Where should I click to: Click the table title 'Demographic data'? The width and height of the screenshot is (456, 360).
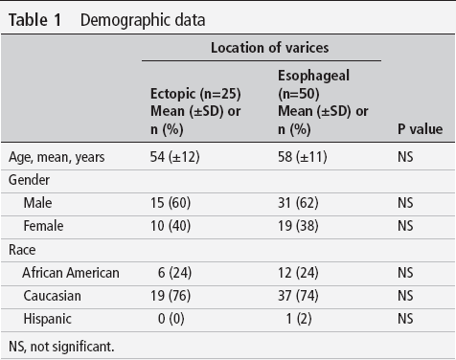pyautogui.click(x=143, y=20)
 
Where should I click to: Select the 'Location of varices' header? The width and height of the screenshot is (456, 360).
pyautogui.click(x=269, y=48)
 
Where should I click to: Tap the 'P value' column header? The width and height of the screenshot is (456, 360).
pyautogui.click(x=420, y=129)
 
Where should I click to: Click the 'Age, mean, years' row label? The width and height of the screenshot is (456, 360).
pyautogui.click(x=57, y=157)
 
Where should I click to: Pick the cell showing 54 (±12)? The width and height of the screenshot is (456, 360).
pyautogui.click(x=175, y=157)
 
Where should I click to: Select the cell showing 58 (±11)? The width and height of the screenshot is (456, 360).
pyautogui.click(x=303, y=157)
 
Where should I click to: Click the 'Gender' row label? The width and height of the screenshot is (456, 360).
pyautogui.click(x=29, y=180)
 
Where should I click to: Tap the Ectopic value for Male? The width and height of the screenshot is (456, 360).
pyautogui.click(x=171, y=203)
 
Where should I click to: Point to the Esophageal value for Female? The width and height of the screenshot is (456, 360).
pyautogui.click(x=298, y=226)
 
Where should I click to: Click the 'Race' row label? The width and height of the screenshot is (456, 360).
pyautogui.click(x=22, y=250)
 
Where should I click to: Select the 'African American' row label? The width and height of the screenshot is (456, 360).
pyautogui.click(x=71, y=273)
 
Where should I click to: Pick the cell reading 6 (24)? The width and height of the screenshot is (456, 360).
pyautogui.click(x=174, y=273)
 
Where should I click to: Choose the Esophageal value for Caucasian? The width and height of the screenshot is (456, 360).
pyautogui.click(x=298, y=296)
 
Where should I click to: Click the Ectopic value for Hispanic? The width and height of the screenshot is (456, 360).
pyautogui.click(x=171, y=319)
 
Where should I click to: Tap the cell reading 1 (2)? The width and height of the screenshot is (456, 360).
pyautogui.click(x=299, y=319)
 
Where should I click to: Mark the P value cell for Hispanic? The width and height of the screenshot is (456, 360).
pyautogui.click(x=405, y=319)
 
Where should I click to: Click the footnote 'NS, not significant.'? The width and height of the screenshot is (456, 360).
pyautogui.click(x=61, y=347)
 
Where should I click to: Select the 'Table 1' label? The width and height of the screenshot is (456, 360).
pyautogui.click(x=34, y=20)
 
